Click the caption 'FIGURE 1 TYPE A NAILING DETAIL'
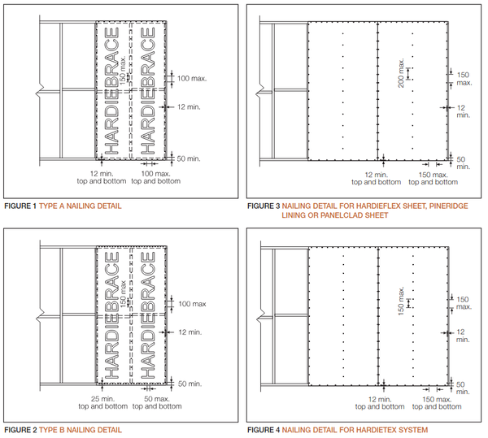click(63, 206)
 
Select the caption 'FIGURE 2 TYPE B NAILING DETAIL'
click(63, 429)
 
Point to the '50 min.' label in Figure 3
click(461, 163)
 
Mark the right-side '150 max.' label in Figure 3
click(464, 78)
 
